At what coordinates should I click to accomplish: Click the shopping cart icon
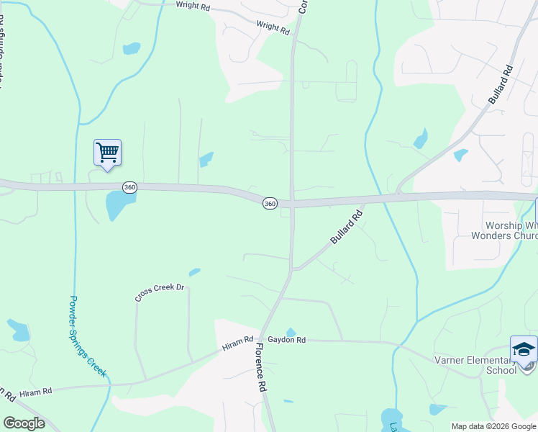[107, 153]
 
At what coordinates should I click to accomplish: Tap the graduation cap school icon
[524, 349]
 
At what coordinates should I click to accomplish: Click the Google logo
[24, 423]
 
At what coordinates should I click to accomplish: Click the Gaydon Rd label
[287, 340]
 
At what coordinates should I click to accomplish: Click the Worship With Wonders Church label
[503, 230]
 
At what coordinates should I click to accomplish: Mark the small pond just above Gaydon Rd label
[290, 332]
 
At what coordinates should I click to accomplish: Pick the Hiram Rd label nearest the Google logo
[36, 392]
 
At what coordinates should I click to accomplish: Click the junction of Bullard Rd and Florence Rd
[291, 269]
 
